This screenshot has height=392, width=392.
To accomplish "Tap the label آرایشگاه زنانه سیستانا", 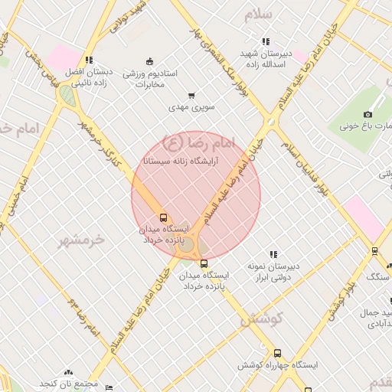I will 183,162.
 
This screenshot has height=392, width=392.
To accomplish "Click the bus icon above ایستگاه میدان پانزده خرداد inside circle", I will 162,217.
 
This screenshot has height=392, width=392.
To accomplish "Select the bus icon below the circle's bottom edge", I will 204,263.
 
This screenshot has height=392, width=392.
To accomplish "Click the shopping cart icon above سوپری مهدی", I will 191,96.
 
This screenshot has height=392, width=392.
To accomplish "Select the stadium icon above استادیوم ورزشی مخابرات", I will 149,61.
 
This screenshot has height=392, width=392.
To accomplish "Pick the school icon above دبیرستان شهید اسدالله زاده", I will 266,42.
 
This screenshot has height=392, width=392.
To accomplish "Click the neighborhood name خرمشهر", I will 80,239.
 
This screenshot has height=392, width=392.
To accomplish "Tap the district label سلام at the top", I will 259,15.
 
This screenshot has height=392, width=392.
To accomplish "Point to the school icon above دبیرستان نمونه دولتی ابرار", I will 273,254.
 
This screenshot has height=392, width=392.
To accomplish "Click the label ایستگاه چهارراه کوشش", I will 276,366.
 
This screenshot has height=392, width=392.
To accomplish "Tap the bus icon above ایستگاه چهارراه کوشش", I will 277,354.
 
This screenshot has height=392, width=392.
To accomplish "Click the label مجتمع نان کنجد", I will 70,382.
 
